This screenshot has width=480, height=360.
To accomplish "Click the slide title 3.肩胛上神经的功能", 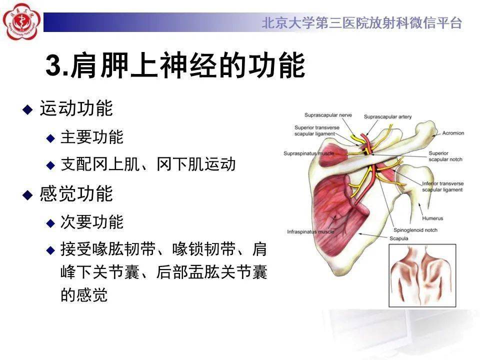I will pos(175,66).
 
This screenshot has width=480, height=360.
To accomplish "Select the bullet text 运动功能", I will pos(76,108).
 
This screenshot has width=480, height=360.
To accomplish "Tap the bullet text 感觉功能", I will pos(76,194).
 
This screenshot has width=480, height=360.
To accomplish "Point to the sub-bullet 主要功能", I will pos(91,137).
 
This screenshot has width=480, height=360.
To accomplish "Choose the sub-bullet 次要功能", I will pos(91,222).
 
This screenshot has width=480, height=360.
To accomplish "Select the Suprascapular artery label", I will pos(387,117).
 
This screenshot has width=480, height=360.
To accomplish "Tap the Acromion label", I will pos(453,133).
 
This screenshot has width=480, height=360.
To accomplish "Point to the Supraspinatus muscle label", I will pos(308,153).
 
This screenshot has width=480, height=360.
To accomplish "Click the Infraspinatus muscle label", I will pos(310,232).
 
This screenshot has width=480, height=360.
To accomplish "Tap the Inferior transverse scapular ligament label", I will pos(442,186).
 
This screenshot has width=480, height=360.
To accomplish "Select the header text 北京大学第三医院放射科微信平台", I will pos(361,23).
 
